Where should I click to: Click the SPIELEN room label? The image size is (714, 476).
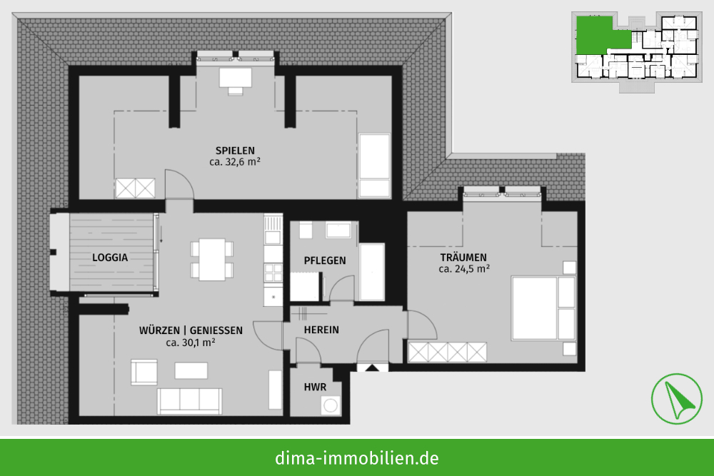point(235,150)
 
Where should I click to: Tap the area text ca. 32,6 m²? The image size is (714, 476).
point(235,161)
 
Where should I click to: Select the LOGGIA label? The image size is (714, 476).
point(110,258)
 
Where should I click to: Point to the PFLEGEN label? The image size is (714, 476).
point(325,260)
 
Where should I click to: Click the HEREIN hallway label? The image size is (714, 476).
point(321,330)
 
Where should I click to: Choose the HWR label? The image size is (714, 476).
point(315,388)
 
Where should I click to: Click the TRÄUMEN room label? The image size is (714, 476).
point(463,258)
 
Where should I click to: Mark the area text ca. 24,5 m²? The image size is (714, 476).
point(464,269)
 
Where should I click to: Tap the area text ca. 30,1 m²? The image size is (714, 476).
point(191,343)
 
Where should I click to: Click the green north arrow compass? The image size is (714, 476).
point(676,399)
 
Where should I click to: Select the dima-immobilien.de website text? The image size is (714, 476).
point(356,457)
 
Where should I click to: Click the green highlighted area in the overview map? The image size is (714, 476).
point(596,36)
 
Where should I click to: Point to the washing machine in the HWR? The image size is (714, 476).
point(330,405)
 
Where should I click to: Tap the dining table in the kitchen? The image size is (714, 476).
point(212,259)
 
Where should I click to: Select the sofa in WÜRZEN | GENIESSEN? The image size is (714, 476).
point(189,401)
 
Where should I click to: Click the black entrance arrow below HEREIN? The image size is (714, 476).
point(373,368)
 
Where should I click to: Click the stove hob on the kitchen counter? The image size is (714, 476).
point(273,273)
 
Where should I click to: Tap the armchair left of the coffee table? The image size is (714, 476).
point(144,373)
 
